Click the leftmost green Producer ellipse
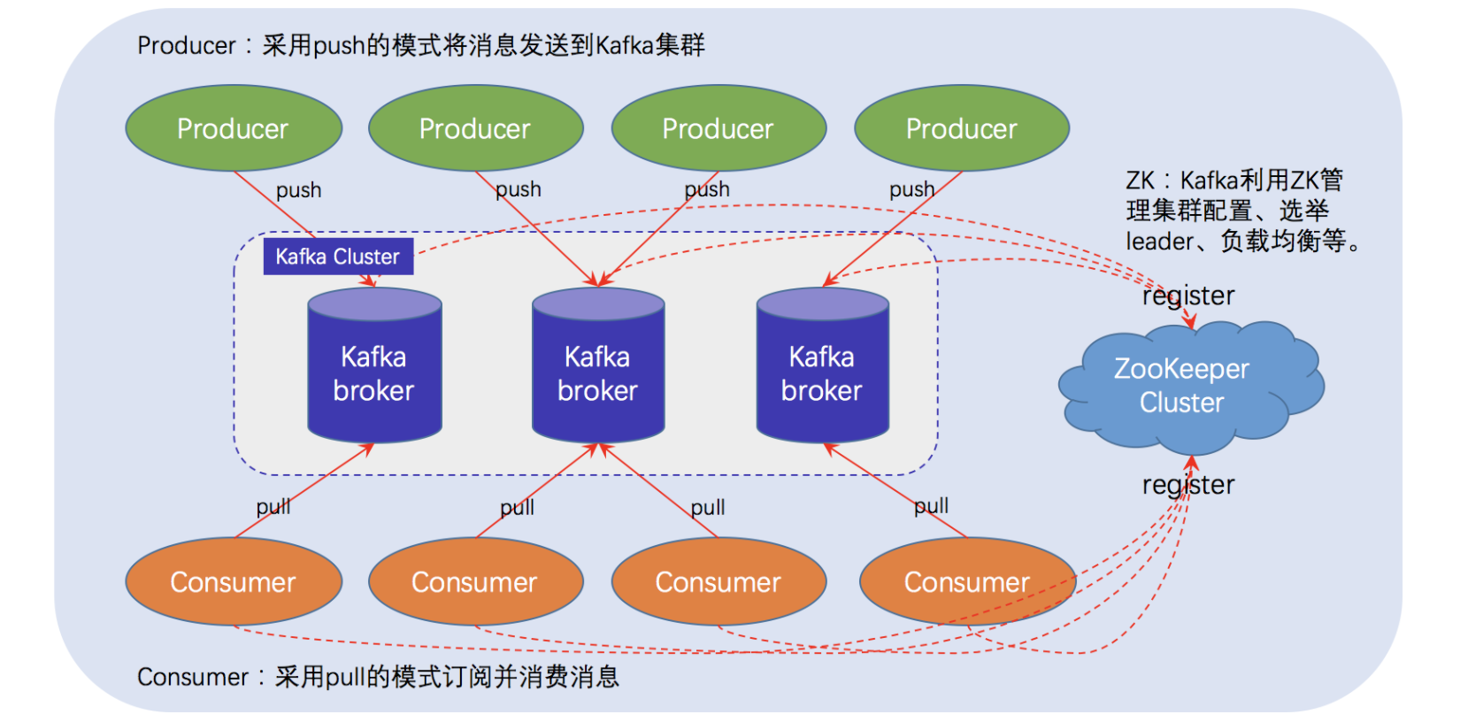click(234, 128)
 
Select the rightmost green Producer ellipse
click(962, 128)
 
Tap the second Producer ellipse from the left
click(475, 128)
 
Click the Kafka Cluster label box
click(338, 257)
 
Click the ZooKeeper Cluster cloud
click(1182, 386)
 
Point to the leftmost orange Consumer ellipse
click(234, 581)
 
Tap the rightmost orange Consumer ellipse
click(967, 581)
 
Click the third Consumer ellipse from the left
click(718, 581)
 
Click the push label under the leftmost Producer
click(299, 190)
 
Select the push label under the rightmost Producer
click(911, 189)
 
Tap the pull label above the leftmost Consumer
click(273, 507)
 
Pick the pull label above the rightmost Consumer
click(931, 505)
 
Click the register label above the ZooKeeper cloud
click(1188, 296)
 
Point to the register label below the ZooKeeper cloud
click(1188, 485)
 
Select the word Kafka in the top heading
click(625, 45)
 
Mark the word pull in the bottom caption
click(345, 677)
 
